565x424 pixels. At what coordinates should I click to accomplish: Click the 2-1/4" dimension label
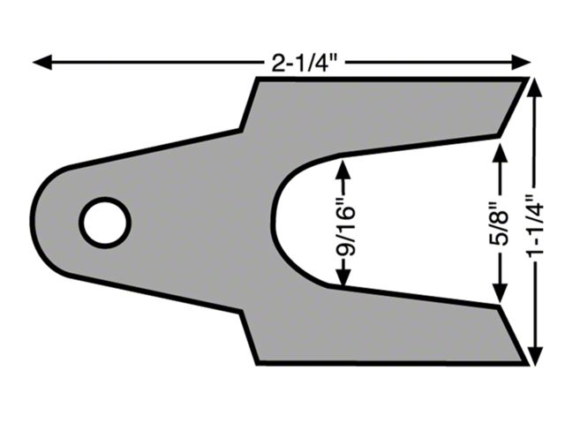click(x=304, y=63)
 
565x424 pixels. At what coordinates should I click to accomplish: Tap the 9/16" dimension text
click(x=346, y=231)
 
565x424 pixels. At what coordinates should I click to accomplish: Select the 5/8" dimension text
click(x=500, y=223)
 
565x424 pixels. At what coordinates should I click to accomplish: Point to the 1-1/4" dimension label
click(x=535, y=226)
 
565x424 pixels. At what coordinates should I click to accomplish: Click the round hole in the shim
click(x=105, y=223)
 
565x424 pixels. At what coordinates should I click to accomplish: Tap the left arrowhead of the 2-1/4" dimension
click(x=42, y=63)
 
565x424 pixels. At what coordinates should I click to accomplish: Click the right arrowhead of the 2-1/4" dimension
click(x=521, y=63)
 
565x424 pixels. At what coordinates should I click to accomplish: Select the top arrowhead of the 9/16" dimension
click(x=344, y=169)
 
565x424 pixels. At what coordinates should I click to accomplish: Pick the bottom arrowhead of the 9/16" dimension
click(x=344, y=276)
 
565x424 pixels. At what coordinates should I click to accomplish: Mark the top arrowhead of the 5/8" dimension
click(x=500, y=152)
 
